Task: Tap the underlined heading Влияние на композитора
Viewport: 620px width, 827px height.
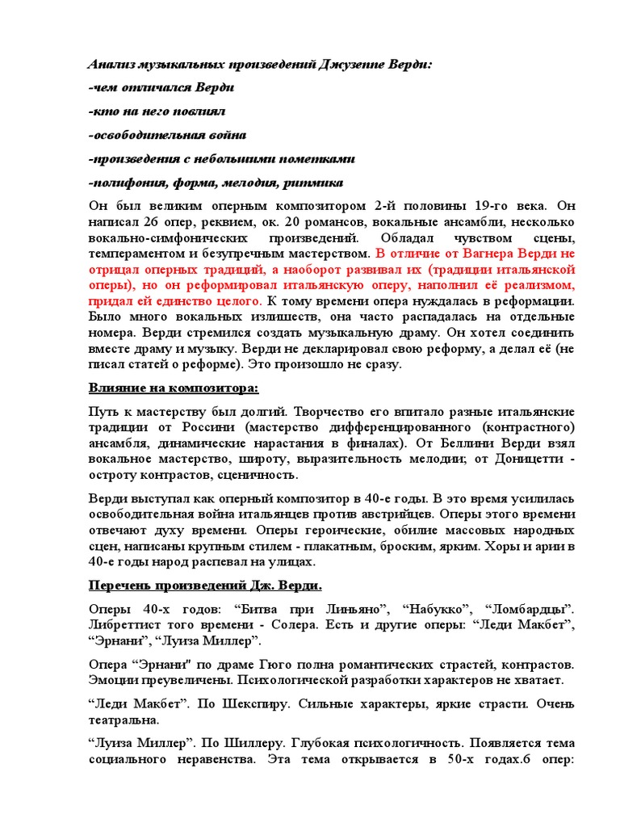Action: tap(173, 388)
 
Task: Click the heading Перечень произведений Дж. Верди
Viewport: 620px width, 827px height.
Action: tap(205, 585)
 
